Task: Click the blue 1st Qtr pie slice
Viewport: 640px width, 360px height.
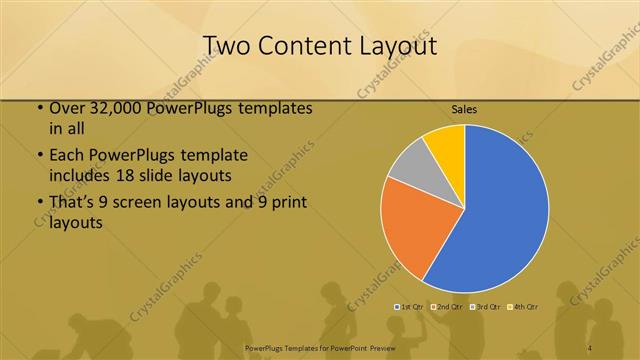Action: pos(500,210)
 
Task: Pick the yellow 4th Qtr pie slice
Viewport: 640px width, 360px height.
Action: pos(446,146)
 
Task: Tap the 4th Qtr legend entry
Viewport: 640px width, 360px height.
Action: pos(524,306)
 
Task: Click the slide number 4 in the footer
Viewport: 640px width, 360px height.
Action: pos(590,348)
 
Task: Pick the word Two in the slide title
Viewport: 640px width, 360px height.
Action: pos(226,46)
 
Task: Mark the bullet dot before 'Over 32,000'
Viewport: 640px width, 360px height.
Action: pos(38,108)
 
